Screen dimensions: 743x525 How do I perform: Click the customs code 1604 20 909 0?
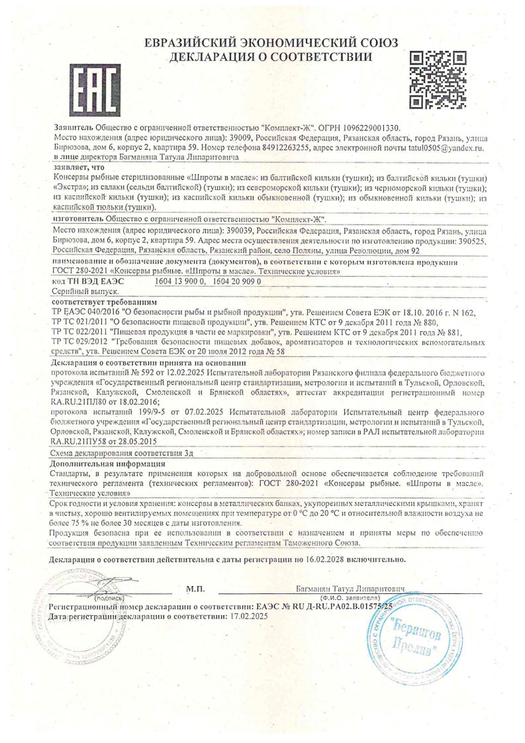pyautogui.click(x=237, y=281)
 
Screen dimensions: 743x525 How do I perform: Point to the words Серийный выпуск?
pyautogui.click(x=75, y=291)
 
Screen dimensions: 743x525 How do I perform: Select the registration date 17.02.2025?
pyautogui.click(x=241, y=616)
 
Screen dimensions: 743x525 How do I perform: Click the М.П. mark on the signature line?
pyautogui.click(x=195, y=588)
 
